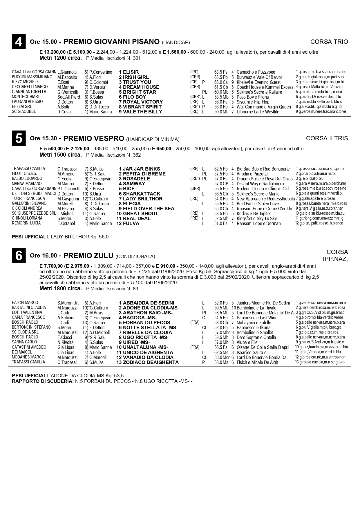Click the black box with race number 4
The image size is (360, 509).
(19, 41)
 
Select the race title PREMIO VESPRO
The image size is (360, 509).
(94, 138)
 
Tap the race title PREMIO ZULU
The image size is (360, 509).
(88, 256)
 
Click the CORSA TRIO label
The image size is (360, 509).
(329, 42)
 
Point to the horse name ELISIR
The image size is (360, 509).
(131, 72)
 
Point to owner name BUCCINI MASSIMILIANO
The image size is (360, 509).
(32, 77)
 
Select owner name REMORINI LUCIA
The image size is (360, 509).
(26, 223)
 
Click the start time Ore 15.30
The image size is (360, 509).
(44, 139)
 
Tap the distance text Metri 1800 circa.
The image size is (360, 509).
(61, 289)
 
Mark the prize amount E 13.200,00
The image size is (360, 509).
(53, 52)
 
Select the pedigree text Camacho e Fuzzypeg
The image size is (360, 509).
(256, 72)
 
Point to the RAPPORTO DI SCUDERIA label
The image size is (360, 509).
(43, 381)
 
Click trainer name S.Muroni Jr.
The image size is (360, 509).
(68, 303)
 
